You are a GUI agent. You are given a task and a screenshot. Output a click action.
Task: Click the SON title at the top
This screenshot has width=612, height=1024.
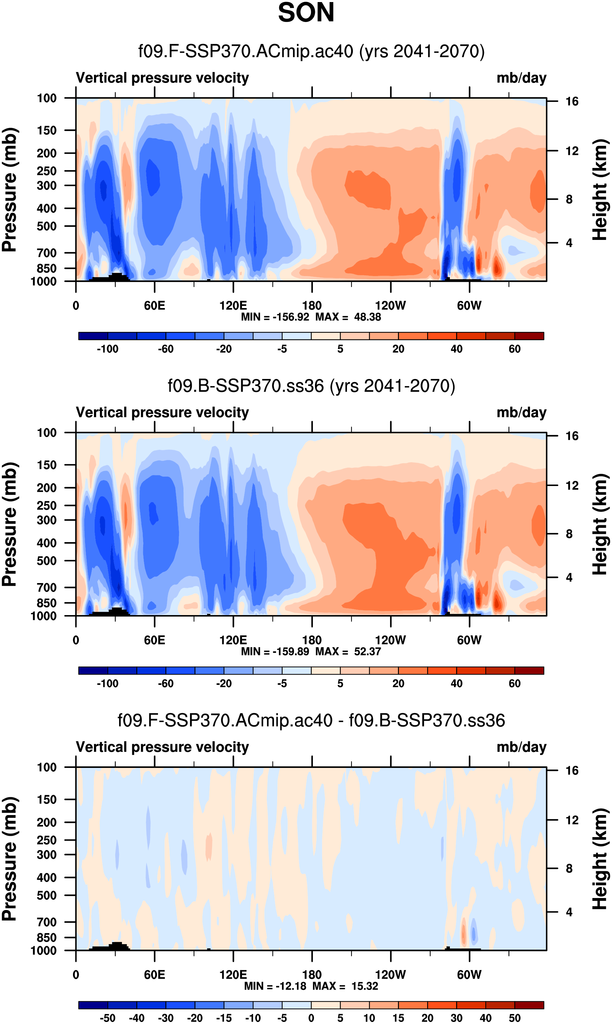tap(306, 13)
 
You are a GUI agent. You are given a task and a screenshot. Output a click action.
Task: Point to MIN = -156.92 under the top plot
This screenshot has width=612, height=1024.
tap(275, 317)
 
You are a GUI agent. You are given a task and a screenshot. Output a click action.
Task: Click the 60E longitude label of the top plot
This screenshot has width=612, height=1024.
tap(155, 306)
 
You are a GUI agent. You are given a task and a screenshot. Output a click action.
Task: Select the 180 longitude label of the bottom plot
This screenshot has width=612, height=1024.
tap(312, 974)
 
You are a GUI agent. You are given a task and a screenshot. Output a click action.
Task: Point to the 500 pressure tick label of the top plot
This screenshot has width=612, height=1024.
tap(46, 226)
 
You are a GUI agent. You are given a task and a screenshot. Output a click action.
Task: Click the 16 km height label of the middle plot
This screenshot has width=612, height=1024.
tap(572, 436)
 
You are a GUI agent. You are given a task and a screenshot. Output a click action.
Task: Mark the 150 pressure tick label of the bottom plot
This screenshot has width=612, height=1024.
tap(46, 800)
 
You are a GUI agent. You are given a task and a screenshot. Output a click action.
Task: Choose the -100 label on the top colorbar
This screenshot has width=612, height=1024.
tap(108, 349)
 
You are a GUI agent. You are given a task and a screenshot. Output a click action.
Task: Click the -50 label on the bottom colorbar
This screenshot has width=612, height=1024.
tap(108, 1018)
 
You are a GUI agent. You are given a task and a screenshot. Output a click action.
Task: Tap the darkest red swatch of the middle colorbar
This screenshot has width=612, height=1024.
tap(529, 671)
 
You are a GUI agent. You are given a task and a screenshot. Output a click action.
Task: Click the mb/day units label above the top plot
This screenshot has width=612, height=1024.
tap(521, 78)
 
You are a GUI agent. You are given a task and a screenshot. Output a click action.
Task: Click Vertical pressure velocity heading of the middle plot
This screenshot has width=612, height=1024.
tap(162, 412)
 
